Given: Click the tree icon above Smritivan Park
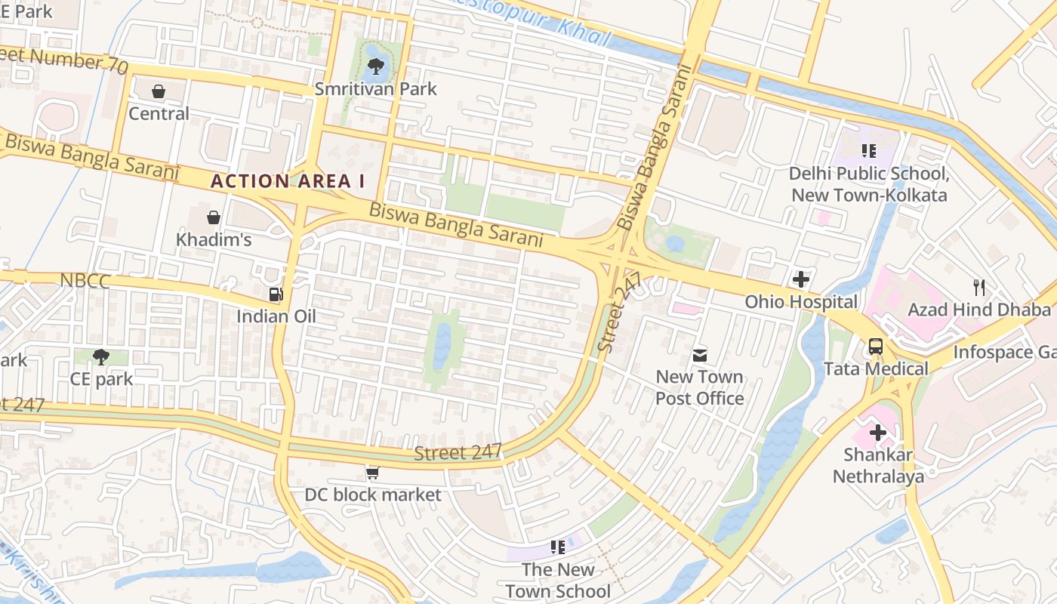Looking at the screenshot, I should point(375,66).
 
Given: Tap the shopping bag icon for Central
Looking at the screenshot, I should point(159,91).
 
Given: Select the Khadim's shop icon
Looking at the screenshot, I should point(214,217).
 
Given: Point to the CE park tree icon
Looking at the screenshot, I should point(101,356).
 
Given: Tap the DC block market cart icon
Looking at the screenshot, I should point(372,473).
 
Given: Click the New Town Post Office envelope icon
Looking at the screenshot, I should point(700,354).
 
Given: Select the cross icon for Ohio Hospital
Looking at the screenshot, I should point(801,279).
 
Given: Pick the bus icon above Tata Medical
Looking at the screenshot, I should point(875,347).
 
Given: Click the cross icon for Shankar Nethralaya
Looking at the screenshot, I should point(878,433).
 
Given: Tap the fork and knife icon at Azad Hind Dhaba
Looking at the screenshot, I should point(979,287).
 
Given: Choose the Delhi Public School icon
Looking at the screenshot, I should point(868,151).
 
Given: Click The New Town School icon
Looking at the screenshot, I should point(558,547).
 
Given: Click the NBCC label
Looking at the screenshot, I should point(85,282).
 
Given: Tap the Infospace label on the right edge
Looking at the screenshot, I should point(1004,352).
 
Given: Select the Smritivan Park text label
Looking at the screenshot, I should point(375,89).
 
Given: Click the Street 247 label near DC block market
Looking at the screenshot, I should point(458,452).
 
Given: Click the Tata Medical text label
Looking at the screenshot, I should point(876,369).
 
